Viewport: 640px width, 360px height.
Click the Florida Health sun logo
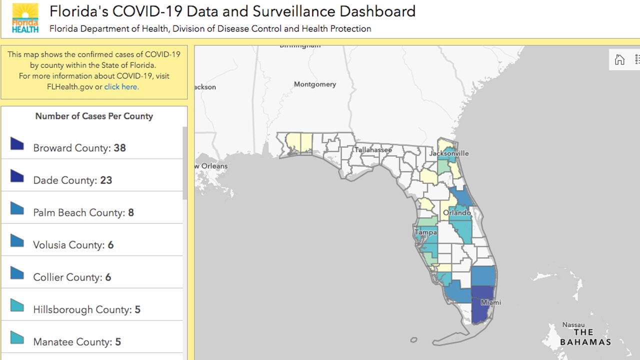(25, 18)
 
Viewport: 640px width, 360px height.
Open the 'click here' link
(121, 86)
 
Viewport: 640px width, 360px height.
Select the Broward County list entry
(79, 148)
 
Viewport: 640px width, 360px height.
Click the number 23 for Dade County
(106, 180)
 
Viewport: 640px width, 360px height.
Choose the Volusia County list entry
(73, 245)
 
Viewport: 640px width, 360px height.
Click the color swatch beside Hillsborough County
(17, 305)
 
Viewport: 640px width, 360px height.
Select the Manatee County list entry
(77, 342)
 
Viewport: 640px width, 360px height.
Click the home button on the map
(619, 60)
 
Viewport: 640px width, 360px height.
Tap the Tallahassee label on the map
(373, 149)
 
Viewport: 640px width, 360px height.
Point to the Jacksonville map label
(448, 153)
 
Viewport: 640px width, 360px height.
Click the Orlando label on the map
(457, 212)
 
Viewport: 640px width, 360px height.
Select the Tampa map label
(425, 232)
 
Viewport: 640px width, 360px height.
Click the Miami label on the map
(490, 302)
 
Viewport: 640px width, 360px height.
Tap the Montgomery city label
(315, 84)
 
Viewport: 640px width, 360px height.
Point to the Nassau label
(573, 324)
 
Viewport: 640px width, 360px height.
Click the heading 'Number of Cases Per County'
(94, 116)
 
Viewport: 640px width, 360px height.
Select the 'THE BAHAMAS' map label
(585, 337)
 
